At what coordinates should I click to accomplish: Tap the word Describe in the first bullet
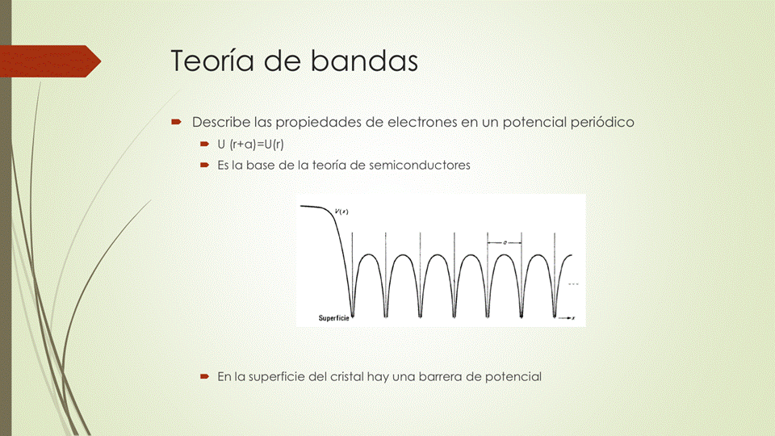(221, 122)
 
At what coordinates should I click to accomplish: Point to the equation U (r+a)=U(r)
(250, 145)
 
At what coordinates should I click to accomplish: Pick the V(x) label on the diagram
(341, 212)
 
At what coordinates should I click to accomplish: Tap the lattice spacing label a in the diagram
(505, 242)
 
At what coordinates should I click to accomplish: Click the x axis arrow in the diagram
(567, 319)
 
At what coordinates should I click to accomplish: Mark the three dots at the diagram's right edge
(574, 285)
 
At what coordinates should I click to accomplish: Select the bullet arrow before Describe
(175, 122)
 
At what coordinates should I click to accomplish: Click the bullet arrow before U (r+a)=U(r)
(204, 145)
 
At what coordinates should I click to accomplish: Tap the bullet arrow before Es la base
(204, 165)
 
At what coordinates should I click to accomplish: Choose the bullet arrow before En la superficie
(204, 376)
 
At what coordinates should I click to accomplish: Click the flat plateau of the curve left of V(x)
(313, 208)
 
